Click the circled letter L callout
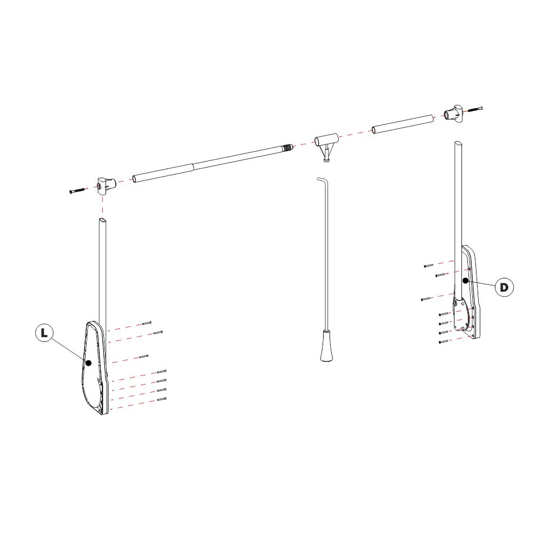(x=44, y=333)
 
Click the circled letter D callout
(x=504, y=287)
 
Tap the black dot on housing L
(x=89, y=363)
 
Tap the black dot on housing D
(x=465, y=281)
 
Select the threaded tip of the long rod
(x=289, y=148)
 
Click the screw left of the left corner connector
(x=77, y=191)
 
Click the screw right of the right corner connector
(x=475, y=109)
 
